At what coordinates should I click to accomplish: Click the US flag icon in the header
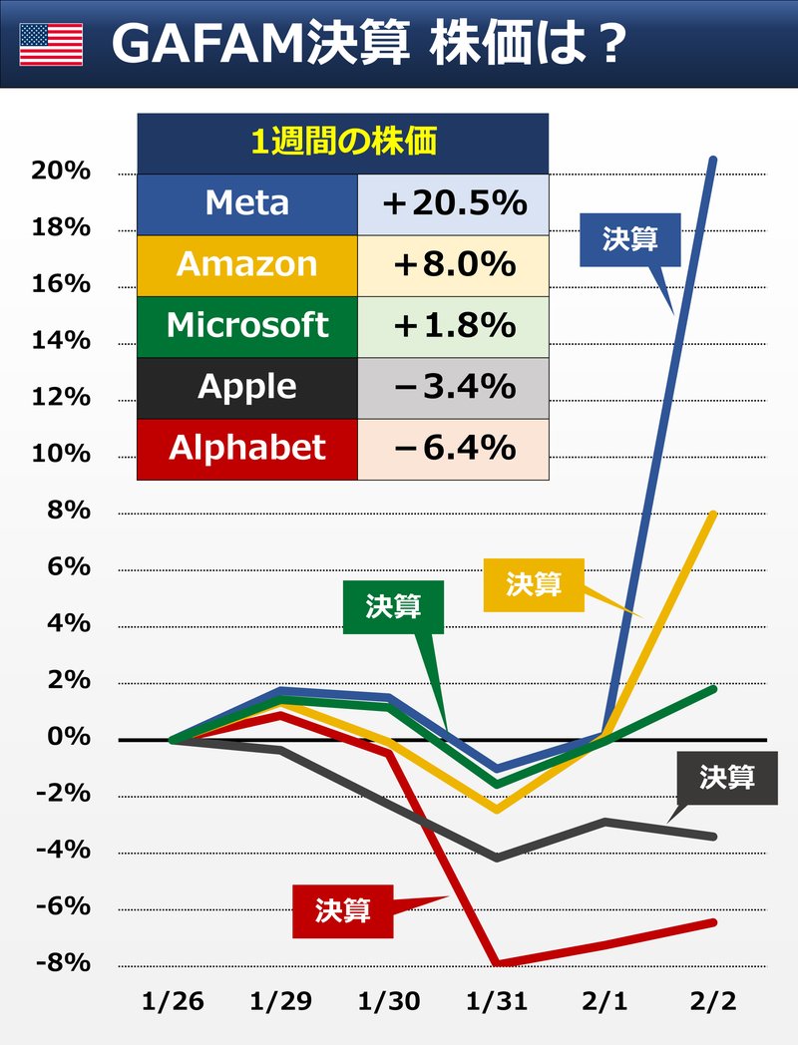point(51,45)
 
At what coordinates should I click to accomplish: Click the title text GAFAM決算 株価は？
point(369,45)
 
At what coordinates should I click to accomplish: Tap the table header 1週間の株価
point(342,143)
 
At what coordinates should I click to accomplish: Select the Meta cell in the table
point(246,203)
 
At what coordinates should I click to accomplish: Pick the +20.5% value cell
point(453,203)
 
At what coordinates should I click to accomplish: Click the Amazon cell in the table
point(246,264)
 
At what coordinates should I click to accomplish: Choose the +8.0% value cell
point(453,264)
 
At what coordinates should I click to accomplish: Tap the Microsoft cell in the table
point(246,326)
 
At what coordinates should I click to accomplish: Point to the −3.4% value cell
point(453,387)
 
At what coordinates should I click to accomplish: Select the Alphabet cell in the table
point(246,449)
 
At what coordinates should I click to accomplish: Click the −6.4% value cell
point(453,449)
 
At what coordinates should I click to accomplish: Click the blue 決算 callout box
point(629,239)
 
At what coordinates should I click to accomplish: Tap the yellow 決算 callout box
point(534,584)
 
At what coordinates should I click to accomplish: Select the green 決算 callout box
point(393,606)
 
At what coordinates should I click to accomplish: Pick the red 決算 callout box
point(342,910)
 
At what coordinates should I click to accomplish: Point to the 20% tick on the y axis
point(61,172)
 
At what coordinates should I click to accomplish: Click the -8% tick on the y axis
point(61,963)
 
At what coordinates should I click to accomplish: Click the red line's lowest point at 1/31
point(496,962)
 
